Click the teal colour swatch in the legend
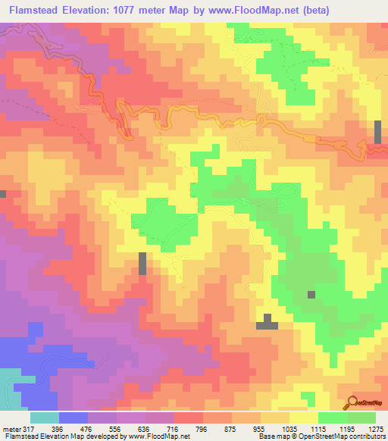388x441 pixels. coord(45,418)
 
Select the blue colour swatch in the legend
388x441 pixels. coord(74,418)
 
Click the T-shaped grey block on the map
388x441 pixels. coord(266,323)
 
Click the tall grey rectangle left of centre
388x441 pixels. coord(142,264)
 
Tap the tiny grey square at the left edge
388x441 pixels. coord(2,194)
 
